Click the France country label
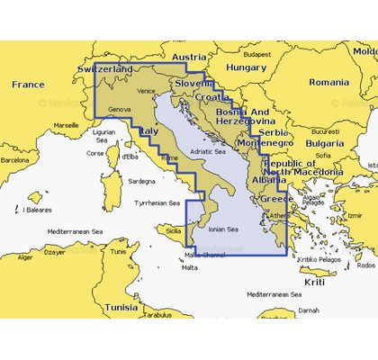[27, 85]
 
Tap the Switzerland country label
[105, 69]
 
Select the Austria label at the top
[189, 57]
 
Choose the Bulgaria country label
[324, 143]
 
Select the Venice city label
[147, 91]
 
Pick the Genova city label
[119, 110]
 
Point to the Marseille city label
[66, 125]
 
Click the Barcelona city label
[13, 159]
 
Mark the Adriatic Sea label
[207, 152]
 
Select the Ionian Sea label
[222, 229]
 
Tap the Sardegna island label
[141, 180]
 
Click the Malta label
[189, 267]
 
